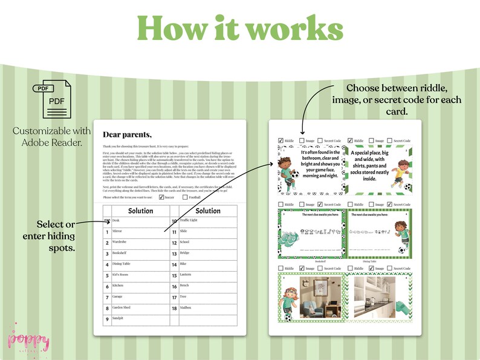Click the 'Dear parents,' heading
(128, 134)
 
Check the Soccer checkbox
(161, 197)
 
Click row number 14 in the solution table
(174, 264)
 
